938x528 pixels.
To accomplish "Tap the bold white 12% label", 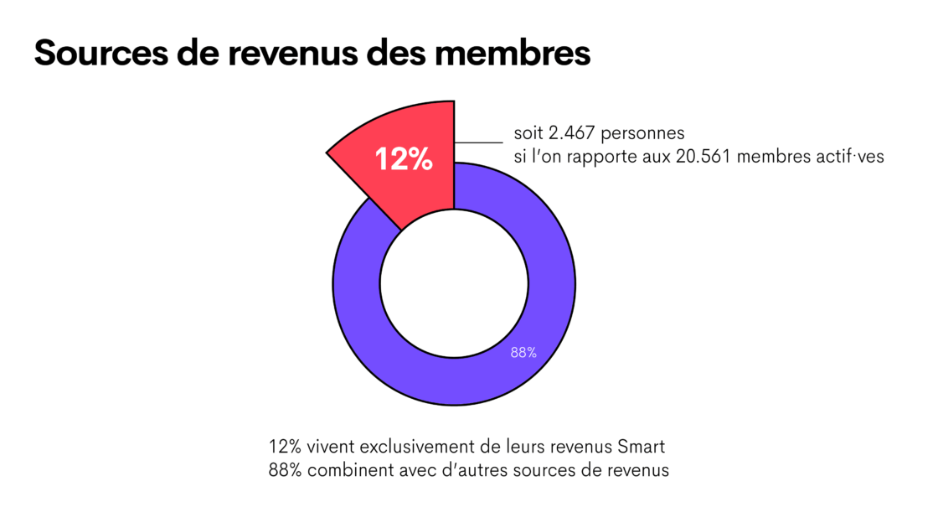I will click(x=404, y=159).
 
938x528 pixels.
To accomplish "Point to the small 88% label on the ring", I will click(x=523, y=353).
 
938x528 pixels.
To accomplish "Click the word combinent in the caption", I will click(x=343, y=470).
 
